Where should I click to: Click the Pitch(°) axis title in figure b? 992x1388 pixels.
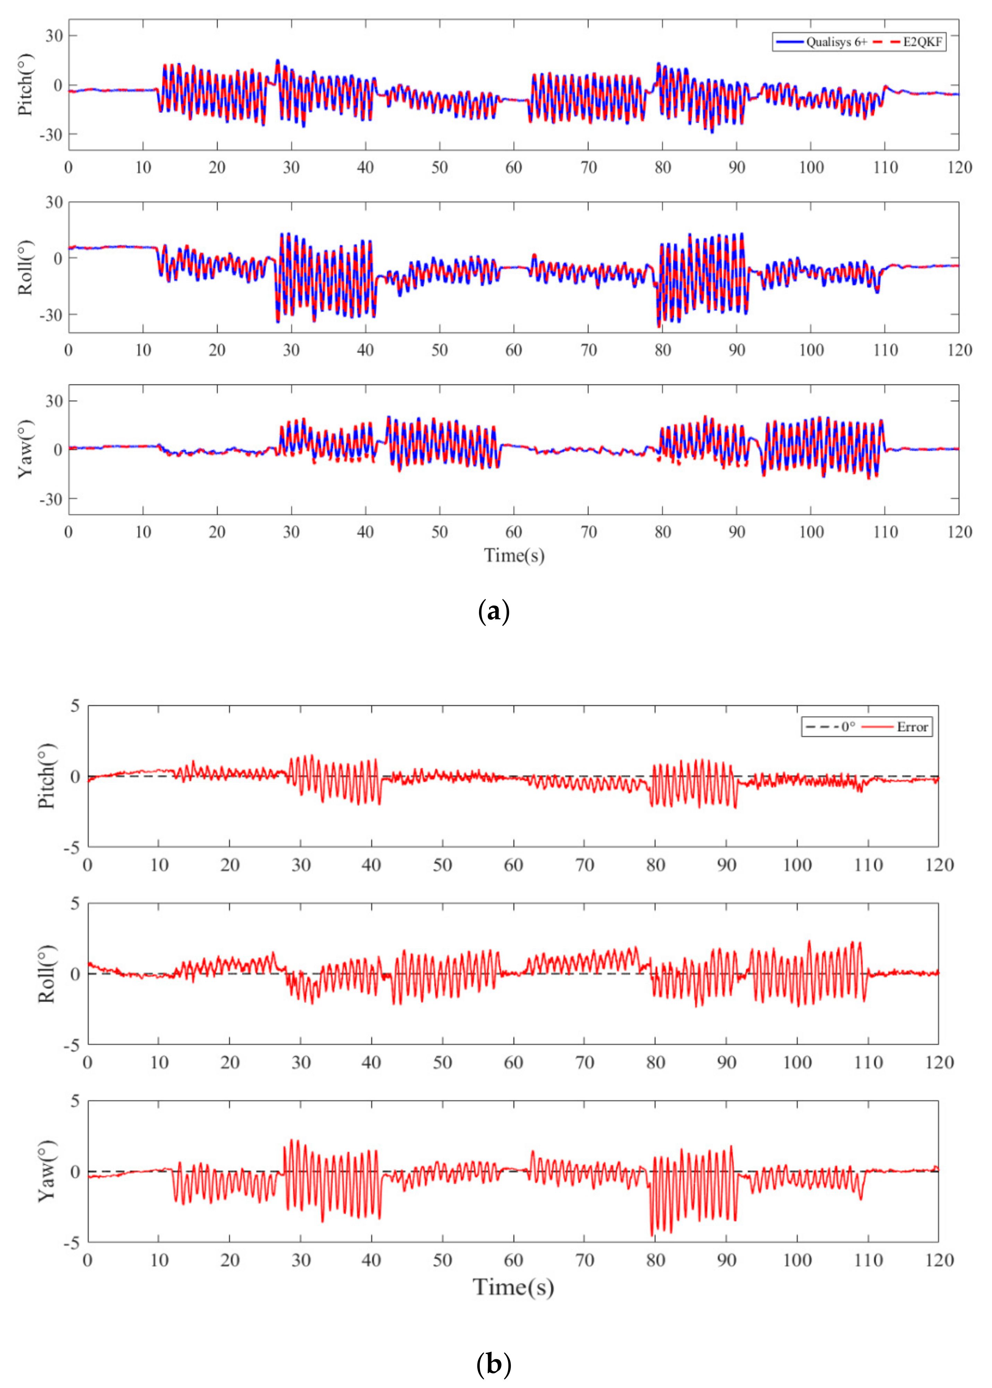pyautogui.click(x=46, y=776)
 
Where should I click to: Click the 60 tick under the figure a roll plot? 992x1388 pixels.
pyautogui.click(x=514, y=350)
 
